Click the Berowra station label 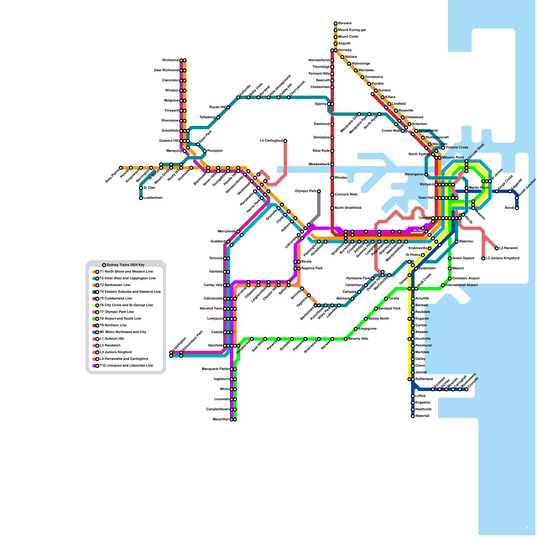(x=345, y=23)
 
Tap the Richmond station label (x=170, y=60)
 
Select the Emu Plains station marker (x=121, y=168)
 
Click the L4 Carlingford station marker (x=285, y=141)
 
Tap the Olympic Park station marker (x=319, y=191)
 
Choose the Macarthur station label (x=221, y=420)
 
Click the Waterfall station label (x=422, y=416)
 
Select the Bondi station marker (x=517, y=208)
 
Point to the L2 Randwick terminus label (x=508, y=248)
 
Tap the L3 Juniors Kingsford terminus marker (x=483, y=258)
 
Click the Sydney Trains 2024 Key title (x=126, y=265)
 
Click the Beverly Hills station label (x=358, y=339)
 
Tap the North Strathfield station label (x=348, y=208)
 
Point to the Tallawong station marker (x=218, y=117)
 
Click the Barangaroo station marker (x=426, y=175)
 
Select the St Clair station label (x=149, y=188)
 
